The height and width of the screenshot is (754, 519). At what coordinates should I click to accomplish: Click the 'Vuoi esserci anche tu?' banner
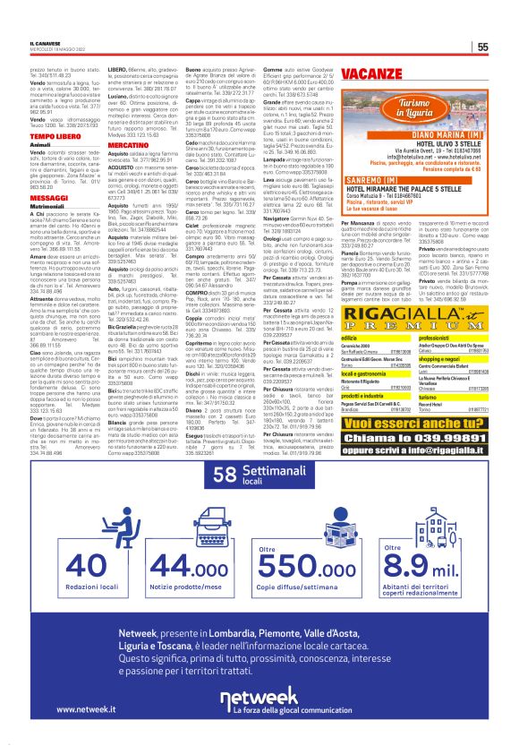(x=424, y=398)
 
